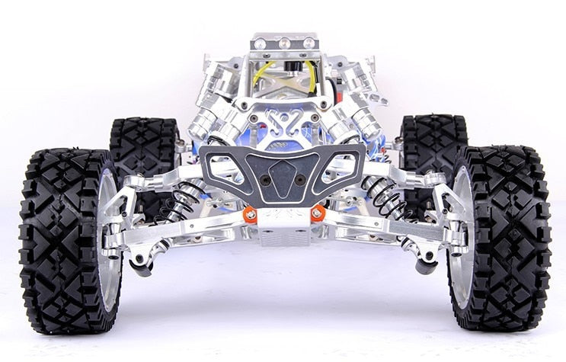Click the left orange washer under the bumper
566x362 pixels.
tap(249, 214)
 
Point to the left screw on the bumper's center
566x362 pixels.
tap(264, 181)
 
